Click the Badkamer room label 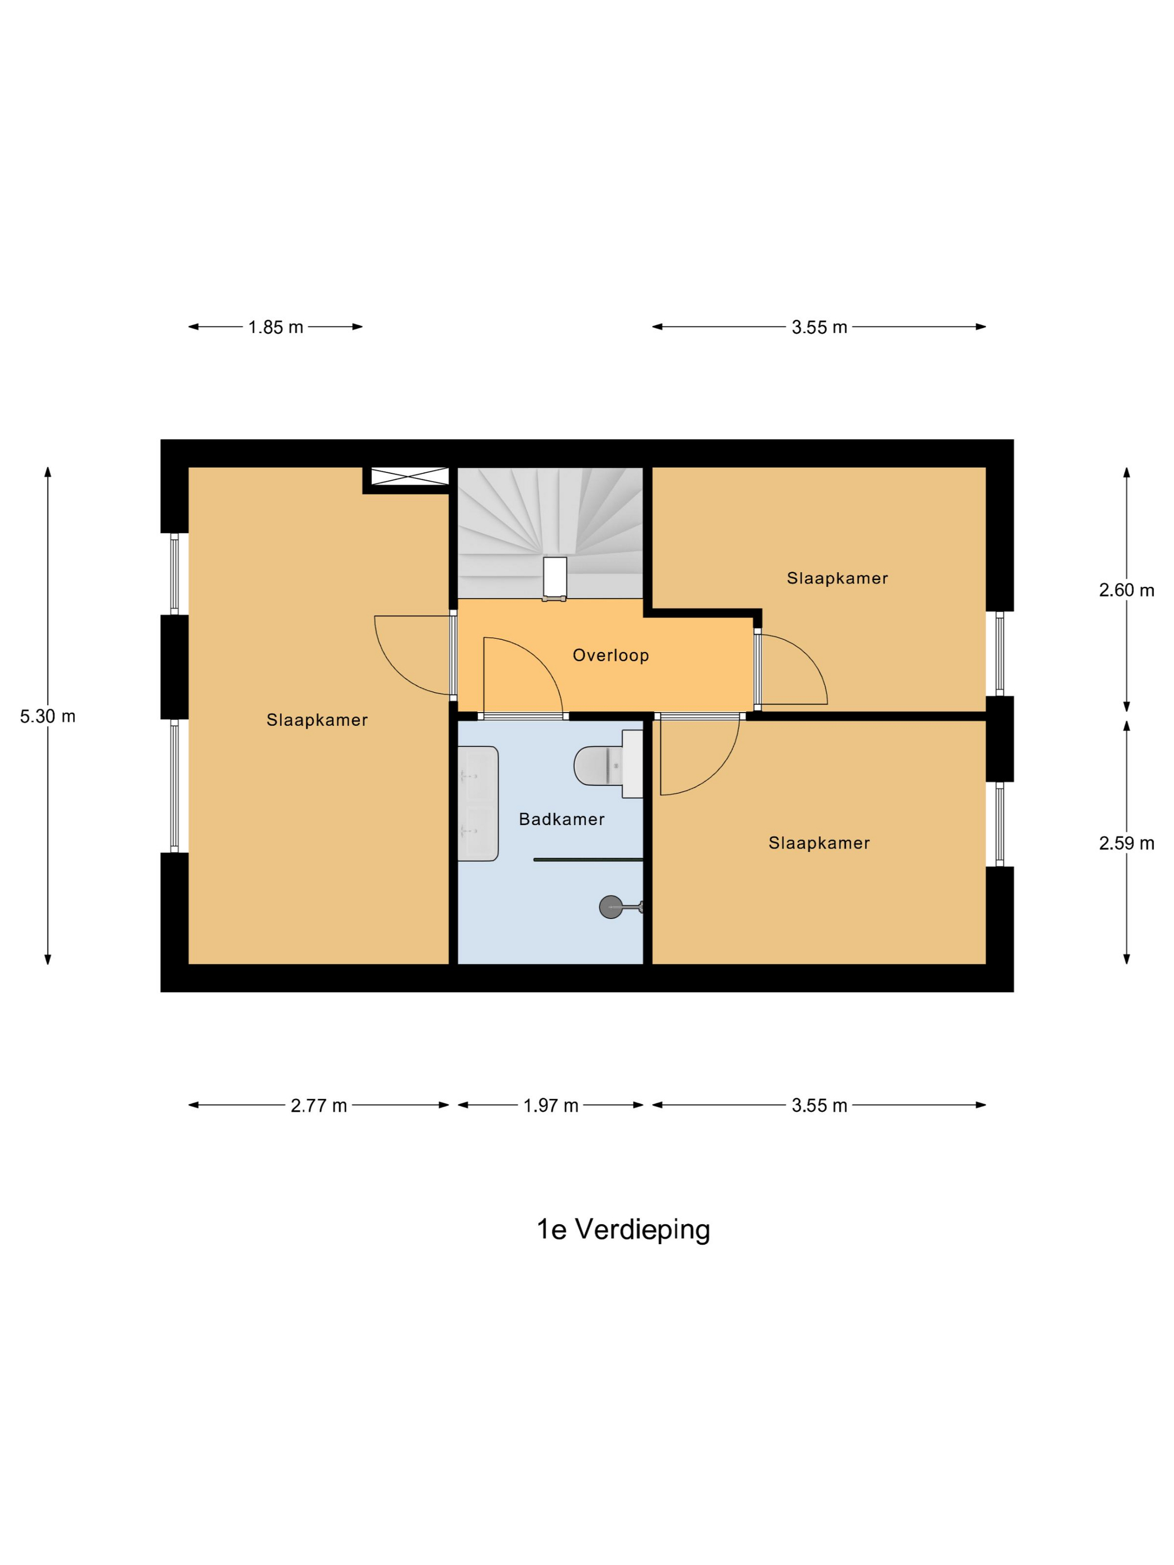coord(561,819)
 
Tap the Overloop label coord(610,655)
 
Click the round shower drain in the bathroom coord(610,907)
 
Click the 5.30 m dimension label coord(48,716)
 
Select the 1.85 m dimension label coord(275,327)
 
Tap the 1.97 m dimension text coord(551,1105)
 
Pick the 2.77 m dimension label coord(319,1105)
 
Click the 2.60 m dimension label coord(1126,590)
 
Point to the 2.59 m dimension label coord(1126,843)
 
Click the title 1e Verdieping coord(623,1229)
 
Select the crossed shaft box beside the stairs coord(410,476)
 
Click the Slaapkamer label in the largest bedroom coord(316,719)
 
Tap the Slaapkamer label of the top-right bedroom coord(836,578)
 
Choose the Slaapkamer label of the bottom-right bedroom coord(819,843)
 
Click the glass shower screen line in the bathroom coord(588,860)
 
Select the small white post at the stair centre coord(555,577)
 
